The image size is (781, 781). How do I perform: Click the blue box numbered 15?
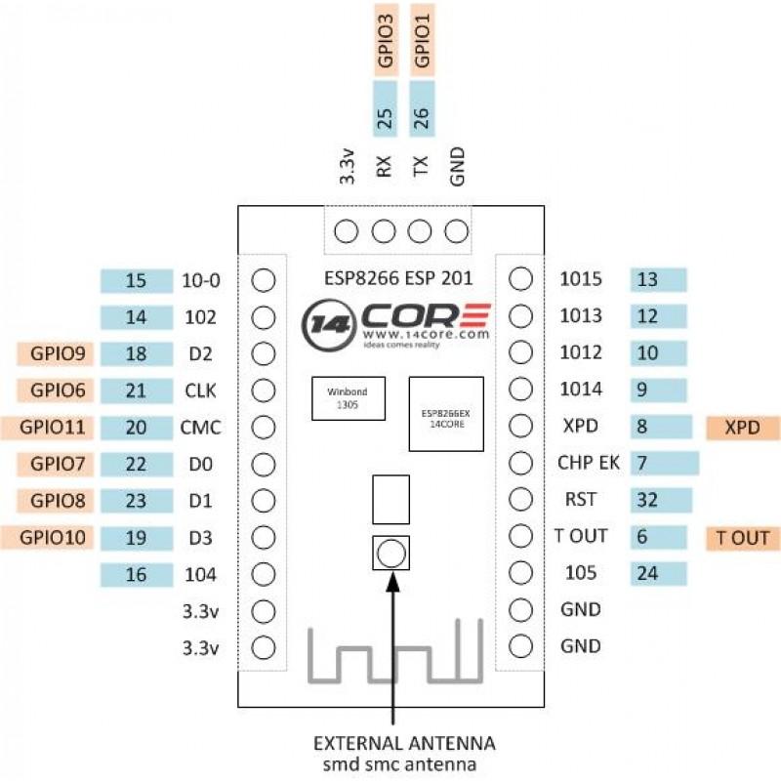coord(136,281)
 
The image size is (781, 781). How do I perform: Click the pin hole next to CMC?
coord(263,427)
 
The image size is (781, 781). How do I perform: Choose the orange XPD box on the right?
coord(741,427)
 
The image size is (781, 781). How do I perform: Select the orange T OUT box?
coord(743,537)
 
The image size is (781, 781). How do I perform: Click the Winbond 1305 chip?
coord(347,397)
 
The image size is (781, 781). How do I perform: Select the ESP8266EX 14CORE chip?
coord(446,413)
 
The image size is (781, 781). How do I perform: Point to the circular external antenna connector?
coord(390,554)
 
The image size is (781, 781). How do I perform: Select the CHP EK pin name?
coord(587,463)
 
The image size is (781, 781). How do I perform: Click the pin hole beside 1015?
coord(520,281)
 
